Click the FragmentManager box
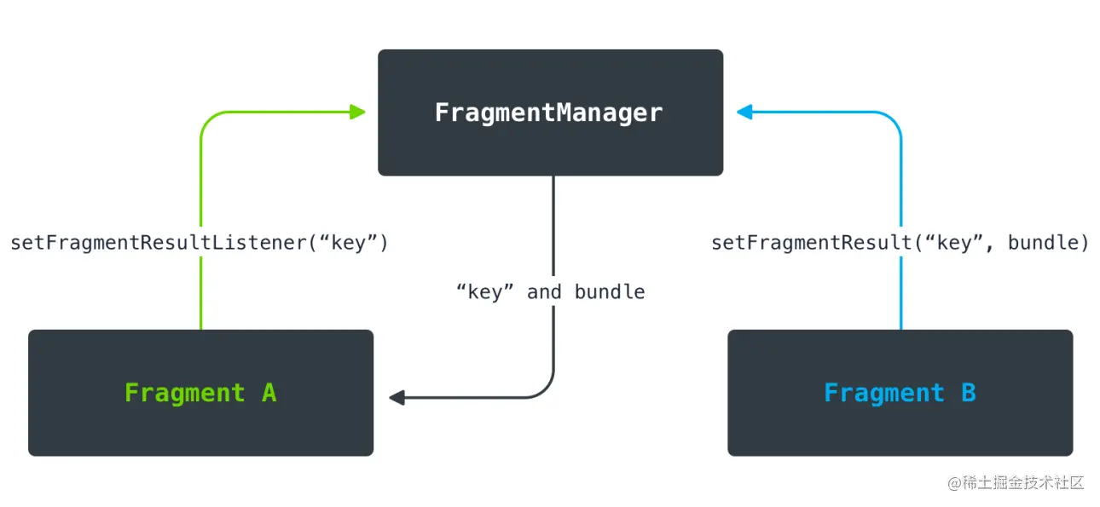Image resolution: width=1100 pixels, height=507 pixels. tap(550, 112)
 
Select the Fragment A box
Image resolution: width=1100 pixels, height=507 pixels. tap(200, 393)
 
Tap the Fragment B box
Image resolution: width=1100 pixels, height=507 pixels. tap(900, 393)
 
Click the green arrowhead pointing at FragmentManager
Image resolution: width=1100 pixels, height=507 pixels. tap(357, 112)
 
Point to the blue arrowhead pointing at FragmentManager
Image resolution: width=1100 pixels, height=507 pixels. tap(744, 112)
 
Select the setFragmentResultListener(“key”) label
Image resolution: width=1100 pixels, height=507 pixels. tap(200, 243)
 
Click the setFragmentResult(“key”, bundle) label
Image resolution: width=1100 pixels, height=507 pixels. tap(900, 243)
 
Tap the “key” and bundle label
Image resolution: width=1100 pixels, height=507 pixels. tap(550, 292)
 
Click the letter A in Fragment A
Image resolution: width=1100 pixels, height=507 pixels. tap(269, 393)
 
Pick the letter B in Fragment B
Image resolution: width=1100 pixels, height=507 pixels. tap(968, 393)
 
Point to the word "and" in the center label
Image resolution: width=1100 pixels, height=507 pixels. tap(544, 292)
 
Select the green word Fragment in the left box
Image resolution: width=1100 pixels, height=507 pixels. tap(185, 393)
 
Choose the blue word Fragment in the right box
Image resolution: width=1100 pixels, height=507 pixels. tap(884, 393)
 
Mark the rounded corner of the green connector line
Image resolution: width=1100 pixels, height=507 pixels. tap(207, 119)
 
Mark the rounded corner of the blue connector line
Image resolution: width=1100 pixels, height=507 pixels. tap(894, 119)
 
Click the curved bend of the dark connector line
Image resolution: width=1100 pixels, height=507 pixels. tap(547, 391)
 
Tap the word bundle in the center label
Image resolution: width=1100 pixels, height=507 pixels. tap(610, 292)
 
